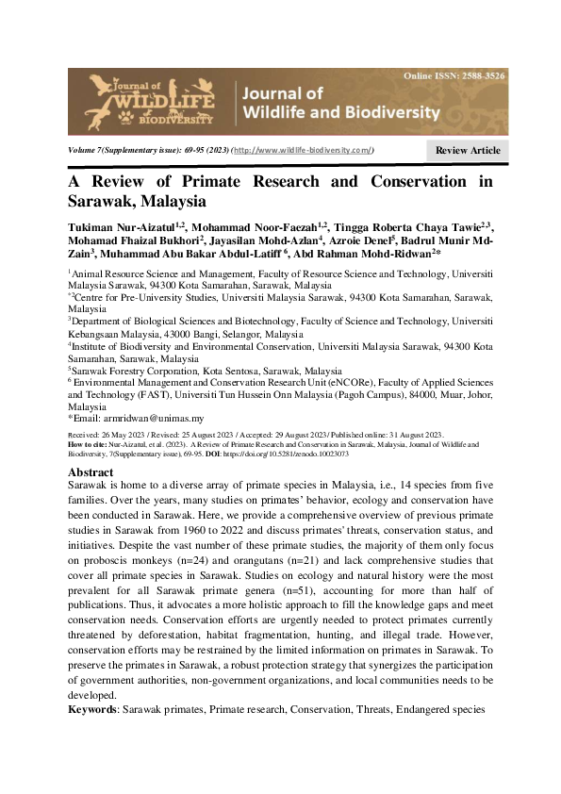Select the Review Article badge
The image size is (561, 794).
[467, 151]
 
